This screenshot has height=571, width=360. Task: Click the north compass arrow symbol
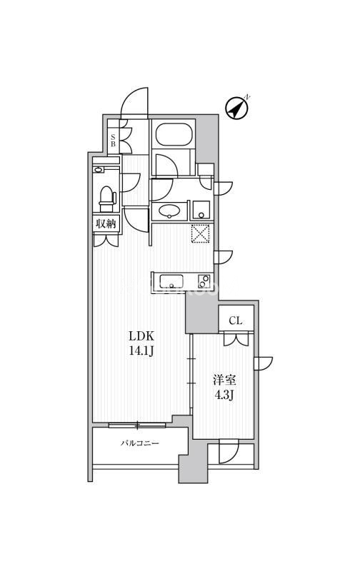click(237, 108)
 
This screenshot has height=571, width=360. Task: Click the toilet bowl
click(107, 196)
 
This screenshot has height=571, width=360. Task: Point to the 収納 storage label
click(106, 224)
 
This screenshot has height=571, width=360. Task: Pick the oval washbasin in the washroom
click(169, 211)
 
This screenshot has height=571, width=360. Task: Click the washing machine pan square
click(200, 210)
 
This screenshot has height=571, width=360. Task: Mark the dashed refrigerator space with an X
click(200, 234)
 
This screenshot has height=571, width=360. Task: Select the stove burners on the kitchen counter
click(204, 279)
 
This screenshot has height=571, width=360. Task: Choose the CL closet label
click(236, 320)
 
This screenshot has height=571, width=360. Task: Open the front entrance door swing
click(134, 103)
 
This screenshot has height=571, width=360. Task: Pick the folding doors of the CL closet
click(235, 339)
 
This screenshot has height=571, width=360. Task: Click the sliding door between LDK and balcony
click(137, 425)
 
